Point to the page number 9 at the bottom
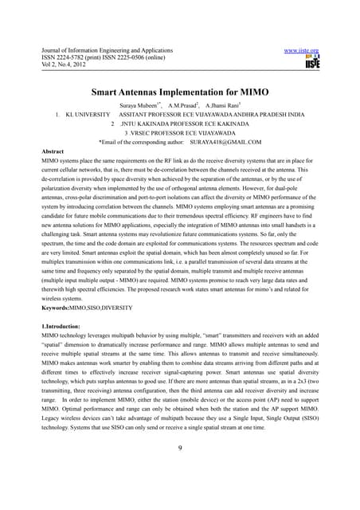[181, 457]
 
